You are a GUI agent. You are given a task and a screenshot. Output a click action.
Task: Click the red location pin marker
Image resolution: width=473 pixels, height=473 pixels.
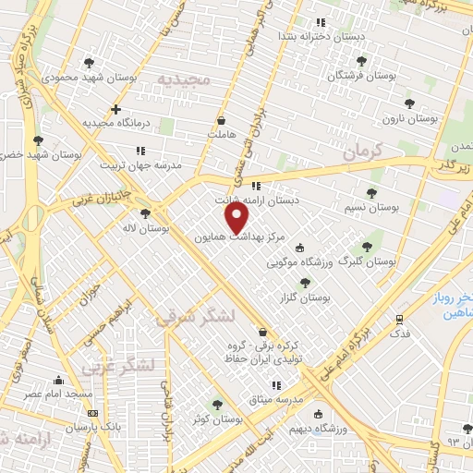pos(238,218)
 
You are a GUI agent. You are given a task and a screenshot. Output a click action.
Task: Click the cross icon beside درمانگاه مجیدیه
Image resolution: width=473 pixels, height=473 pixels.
pos(115,110)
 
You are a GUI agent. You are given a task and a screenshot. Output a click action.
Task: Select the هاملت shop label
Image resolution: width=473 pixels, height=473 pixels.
pos(221,134)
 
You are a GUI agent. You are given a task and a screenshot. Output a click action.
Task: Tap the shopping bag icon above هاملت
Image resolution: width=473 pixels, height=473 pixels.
pos(221,121)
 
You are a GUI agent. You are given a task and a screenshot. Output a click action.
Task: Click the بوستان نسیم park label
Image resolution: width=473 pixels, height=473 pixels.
pos(370,208)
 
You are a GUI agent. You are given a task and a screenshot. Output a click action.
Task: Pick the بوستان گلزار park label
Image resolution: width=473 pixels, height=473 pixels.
pos(305,297)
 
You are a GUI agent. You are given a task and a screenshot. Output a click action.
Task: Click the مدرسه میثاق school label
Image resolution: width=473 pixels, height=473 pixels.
pos(273,399)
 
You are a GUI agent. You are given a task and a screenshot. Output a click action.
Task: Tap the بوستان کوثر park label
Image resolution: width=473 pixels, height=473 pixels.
pos(218,418)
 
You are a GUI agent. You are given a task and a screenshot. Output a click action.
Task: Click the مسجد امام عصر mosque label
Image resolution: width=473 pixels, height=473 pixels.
pos(59,394)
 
